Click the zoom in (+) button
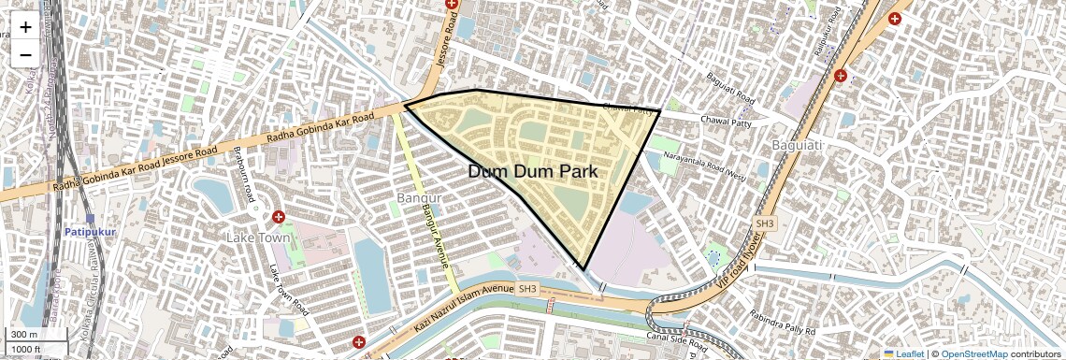pyautogui.click(x=25, y=27)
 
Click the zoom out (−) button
pyautogui.click(x=25, y=54)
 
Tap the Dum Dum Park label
pyautogui.click(x=532, y=172)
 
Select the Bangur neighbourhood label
pyautogui.click(x=418, y=199)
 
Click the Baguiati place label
pyautogui.click(x=797, y=145)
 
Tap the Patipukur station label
pyautogui.click(x=89, y=231)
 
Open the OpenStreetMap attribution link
pyautogui.click(x=973, y=353)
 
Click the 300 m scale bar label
pyautogui.click(x=25, y=335)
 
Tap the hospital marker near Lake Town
pyautogui.click(x=278, y=218)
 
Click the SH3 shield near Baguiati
pyautogui.click(x=765, y=223)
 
